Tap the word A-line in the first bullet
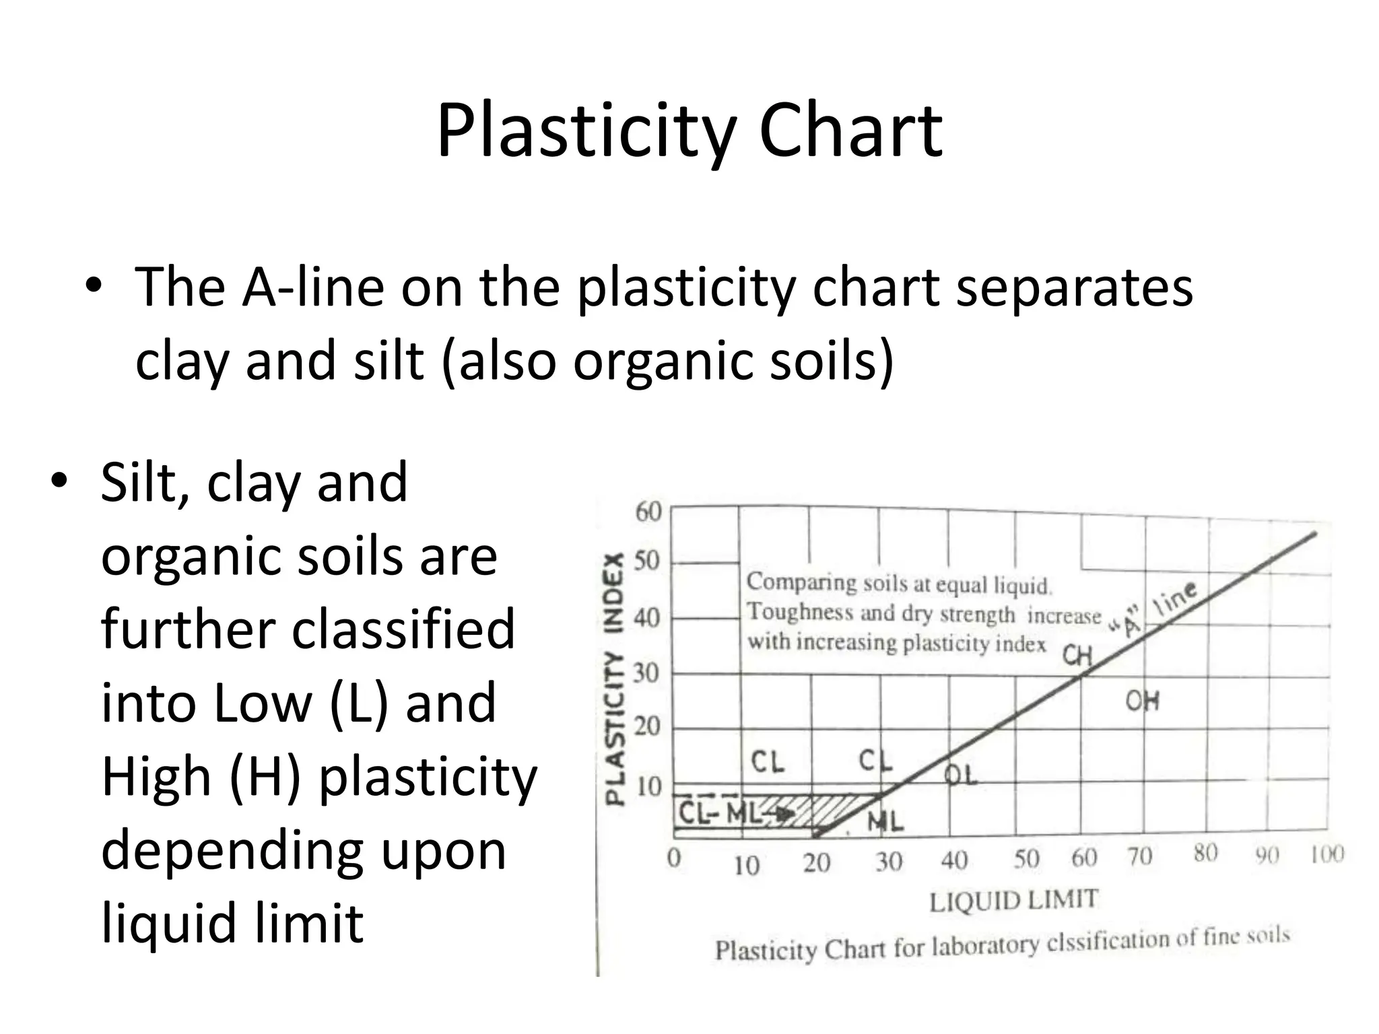(313, 287)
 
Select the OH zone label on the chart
(1143, 701)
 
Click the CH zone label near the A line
(1077, 654)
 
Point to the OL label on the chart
(960, 775)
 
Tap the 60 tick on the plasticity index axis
(648, 512)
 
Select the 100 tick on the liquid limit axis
(1326, 855)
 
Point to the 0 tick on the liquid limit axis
(674, 858)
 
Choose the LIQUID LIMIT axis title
(1013, 901)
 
